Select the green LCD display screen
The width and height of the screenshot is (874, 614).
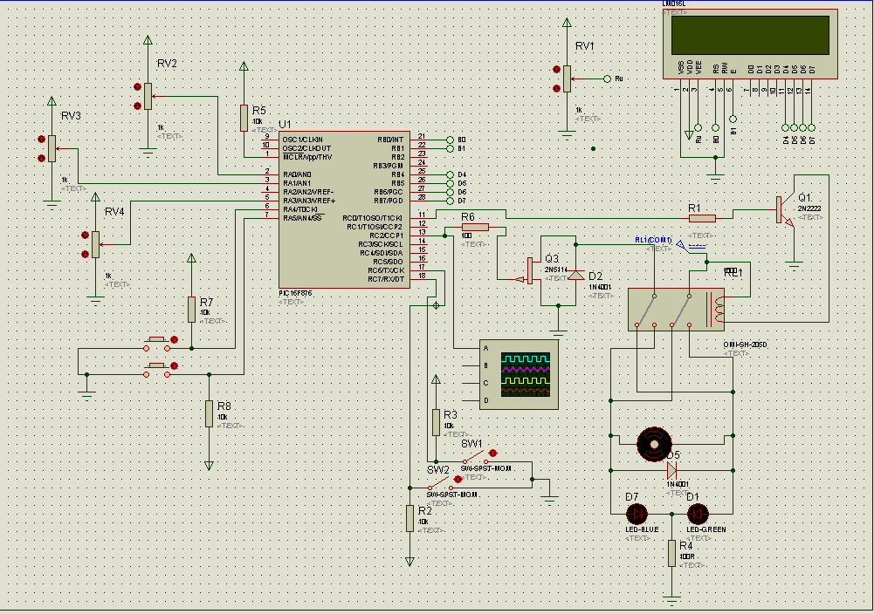coord(750,34)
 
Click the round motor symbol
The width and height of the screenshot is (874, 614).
coord(652,444)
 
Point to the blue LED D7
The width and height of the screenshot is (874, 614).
coord(636,513)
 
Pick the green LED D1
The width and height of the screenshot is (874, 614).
coord(699,513)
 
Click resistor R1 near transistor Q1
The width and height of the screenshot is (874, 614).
coord(702,218)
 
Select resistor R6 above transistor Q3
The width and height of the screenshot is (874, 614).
coord(475,227)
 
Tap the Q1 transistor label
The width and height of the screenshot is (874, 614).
coord(804,196)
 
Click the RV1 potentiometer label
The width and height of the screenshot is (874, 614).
coord(584,45)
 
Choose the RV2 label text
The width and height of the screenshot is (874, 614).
coord(167,64)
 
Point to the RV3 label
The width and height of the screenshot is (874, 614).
coord(71,116)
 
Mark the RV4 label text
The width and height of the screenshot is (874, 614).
coord(114,212)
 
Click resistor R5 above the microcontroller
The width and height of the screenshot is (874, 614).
coord(244,118)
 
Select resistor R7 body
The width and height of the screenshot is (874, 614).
coord(191,309)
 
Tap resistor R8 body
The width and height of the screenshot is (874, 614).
coord(209,413)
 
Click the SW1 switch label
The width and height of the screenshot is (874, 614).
coord(471,444)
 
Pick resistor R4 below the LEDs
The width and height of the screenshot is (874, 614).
coord(671,552)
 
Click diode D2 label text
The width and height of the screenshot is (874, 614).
coord(596,276)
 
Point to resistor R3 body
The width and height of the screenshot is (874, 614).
coord(436,422)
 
